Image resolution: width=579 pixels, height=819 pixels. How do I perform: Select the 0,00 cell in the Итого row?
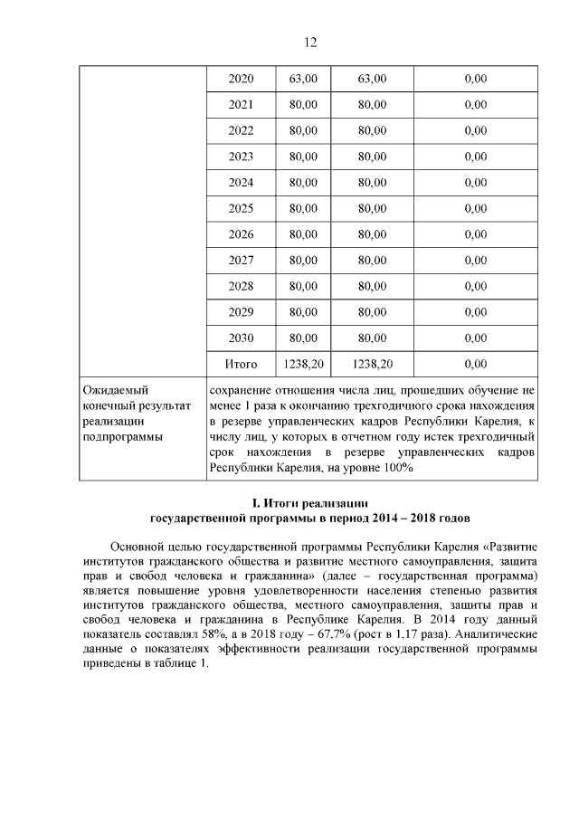point(474,365)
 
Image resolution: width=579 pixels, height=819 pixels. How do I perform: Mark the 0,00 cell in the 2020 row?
point(474,79)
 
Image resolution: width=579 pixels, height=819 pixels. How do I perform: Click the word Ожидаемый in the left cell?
point(115,390)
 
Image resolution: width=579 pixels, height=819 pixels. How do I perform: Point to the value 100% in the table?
point(395,468)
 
